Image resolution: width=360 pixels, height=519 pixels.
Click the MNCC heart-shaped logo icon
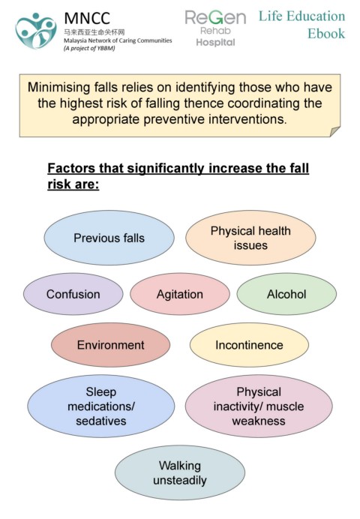coord(36,31)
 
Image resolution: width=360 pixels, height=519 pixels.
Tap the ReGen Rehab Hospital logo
coord(215,28)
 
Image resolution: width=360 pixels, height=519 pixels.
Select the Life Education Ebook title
coord(301,25)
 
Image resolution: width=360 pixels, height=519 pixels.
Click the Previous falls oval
coord(109,238)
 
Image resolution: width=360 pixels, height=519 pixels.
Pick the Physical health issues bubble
coord(250,238)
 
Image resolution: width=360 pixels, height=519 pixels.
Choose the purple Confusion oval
coord(73,294)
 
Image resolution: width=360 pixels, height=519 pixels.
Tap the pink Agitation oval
coord(180,294)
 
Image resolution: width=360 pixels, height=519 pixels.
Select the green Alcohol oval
coord(286,294)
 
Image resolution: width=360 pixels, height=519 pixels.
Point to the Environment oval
coord(110,345)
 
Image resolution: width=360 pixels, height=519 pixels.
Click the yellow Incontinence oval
coord(249,345)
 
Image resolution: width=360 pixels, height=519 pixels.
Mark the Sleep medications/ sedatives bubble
coord(101,406)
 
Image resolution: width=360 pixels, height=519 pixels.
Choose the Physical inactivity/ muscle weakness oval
coord(259,406)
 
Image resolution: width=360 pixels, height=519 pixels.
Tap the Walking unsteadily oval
coord(180,472)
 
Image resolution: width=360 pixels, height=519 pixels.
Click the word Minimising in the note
coord(59,88)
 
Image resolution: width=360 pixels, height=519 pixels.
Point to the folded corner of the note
coord(334,131)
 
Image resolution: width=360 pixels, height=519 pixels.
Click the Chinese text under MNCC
coord(94,32)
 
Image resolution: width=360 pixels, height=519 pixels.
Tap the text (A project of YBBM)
coord(89,48)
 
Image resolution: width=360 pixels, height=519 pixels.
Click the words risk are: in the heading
coord(73,184)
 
